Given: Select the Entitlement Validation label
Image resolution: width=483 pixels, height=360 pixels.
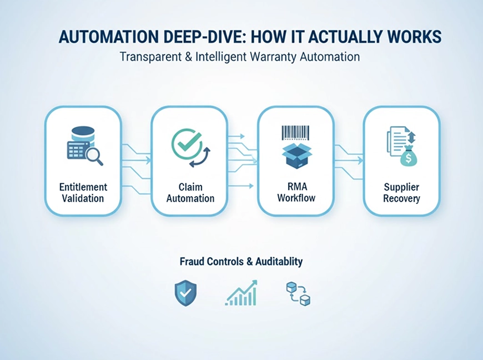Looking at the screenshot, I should (x=83, y=193).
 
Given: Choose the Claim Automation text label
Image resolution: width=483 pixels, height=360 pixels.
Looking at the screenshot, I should (x=189, y=193).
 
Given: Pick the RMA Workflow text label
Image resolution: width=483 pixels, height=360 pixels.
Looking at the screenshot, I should (x=296, y=193).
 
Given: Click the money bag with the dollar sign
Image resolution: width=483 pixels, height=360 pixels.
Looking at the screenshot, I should (x=409, y=157).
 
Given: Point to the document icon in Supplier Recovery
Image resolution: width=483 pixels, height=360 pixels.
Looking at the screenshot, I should (x=396, y=139).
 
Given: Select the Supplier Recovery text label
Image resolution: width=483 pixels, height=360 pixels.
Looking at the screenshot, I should (x=401, y=193).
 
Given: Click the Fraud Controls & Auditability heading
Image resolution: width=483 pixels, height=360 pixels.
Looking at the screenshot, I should (x=241, y=261).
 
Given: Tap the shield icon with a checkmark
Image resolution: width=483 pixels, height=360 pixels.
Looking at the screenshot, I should (x=185, y=293).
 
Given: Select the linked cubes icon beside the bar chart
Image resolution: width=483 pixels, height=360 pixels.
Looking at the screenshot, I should (x=298, y=293).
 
